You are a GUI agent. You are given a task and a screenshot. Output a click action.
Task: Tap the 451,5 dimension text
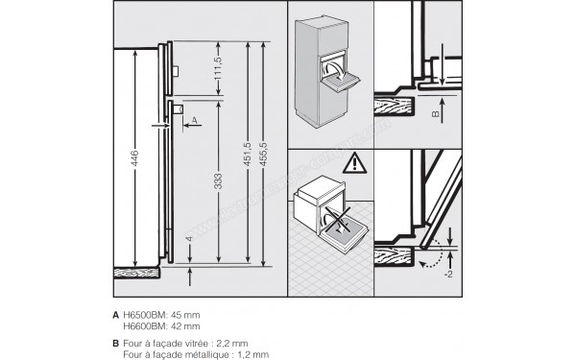click(x=248, y=154)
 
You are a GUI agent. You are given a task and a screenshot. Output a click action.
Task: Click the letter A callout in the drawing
click(x=194, y=120)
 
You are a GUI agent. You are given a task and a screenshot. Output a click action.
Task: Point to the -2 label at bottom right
click(x=447, y=273)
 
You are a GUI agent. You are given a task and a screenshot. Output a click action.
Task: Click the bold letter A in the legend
click(x=116, y=313)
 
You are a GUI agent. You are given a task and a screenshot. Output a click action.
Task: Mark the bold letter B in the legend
click(x=116, y=342)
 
